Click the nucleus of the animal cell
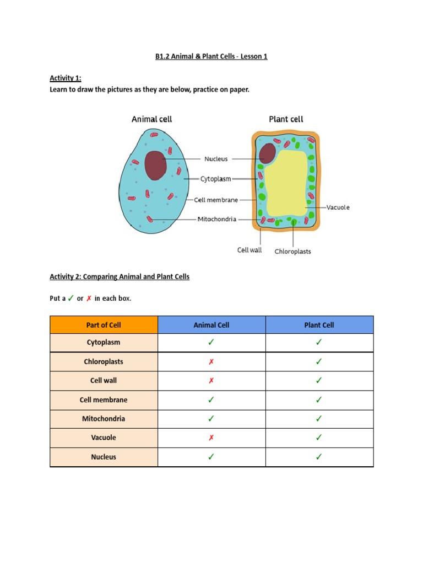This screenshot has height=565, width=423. tap(155, 165)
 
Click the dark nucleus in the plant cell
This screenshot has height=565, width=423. tap(268, 152)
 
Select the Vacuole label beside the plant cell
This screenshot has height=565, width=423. tap(338, 207)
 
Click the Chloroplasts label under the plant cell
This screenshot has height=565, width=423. tap(292, 252)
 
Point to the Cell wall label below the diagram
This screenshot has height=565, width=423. tap(250, 250)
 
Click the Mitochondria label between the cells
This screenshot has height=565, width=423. tap(217, 219)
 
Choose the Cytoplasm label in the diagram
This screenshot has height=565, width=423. tap(215, 179)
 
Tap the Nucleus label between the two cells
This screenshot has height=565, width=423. tap(216, 159)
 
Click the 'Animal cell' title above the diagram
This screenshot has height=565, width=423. tap(151, 119)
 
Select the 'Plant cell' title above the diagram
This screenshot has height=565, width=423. tap(286, 119)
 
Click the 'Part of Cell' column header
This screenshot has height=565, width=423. tap(104, 325)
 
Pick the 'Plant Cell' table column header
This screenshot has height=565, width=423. tap(319, 325)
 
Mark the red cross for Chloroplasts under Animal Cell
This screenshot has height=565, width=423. tap(211, 362)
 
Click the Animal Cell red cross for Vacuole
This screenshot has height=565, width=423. tap(211, 438)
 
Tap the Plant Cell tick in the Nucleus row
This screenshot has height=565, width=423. tap(319, 457)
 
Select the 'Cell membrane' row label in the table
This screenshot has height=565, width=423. tap(104, 400)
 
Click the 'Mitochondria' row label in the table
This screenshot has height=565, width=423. tap(104, 419)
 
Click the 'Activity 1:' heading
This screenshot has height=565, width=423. tap(66, 78)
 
